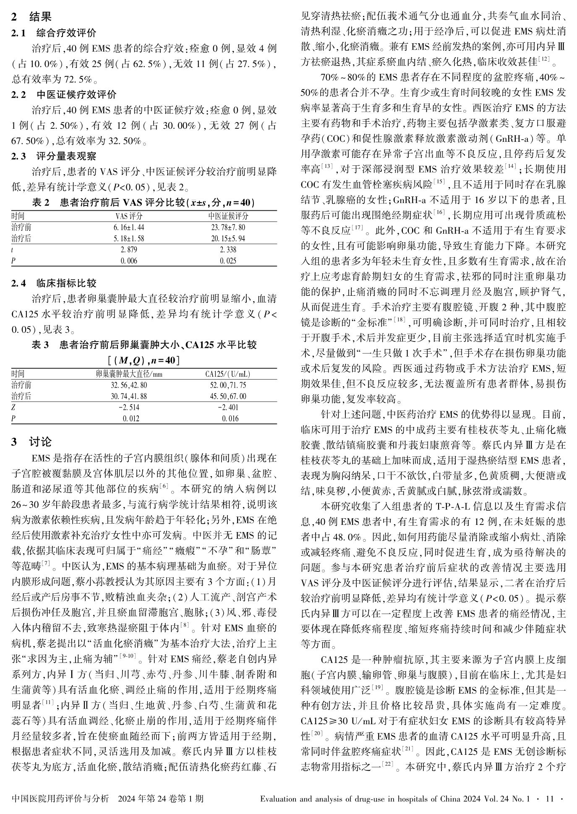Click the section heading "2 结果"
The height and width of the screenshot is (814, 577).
coord(31,17)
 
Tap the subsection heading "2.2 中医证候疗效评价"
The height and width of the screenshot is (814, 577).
coord(64,94)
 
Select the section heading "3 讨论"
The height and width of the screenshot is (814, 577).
coord(31,442)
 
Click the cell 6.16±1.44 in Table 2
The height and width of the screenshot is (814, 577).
coord(129,227)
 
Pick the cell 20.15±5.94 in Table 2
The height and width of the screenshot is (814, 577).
coord(228,238)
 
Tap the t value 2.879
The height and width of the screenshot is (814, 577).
coord(129,250)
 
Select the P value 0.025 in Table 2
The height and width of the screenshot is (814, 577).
coord(228,261)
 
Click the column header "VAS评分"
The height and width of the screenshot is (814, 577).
coord(129,217)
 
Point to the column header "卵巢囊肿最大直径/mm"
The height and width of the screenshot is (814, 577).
coord(129,374)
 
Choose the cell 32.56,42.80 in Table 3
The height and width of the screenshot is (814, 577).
coord(129,385)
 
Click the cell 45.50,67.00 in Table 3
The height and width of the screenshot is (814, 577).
coord(228,396)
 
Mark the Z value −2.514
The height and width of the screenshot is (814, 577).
coord(129,407)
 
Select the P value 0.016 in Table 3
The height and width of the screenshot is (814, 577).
coord(228,418)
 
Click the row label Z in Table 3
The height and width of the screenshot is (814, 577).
coord(13,407)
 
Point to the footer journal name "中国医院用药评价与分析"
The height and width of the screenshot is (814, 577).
coord(60,798)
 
